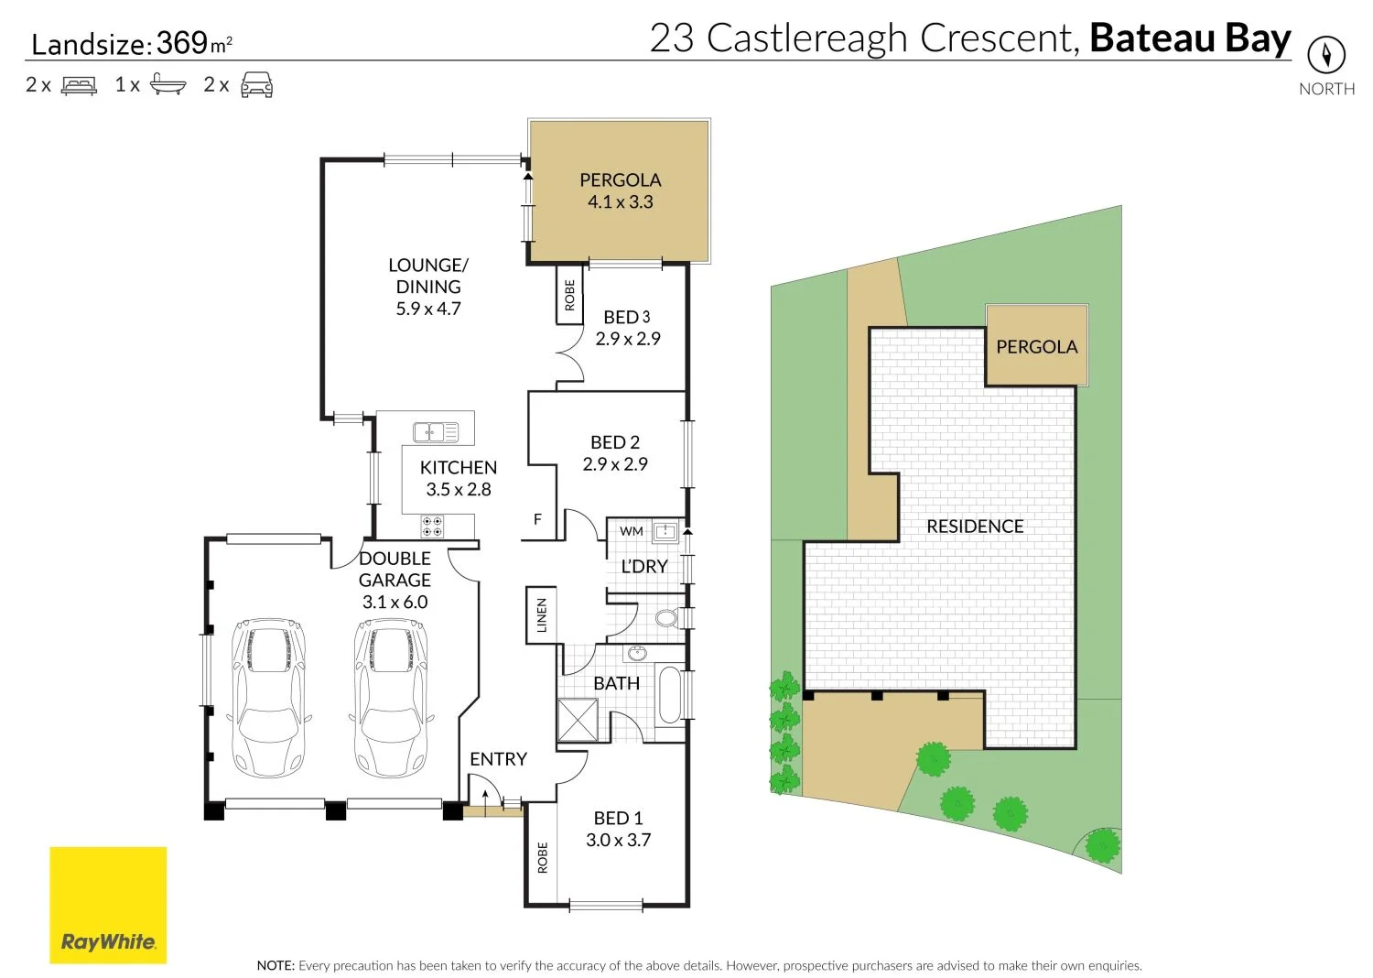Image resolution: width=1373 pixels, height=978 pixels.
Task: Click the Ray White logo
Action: tap(108, 905)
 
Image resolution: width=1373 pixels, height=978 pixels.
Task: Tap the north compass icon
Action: tap(1325, 55)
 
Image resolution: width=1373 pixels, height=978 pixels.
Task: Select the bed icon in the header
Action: tap(79, 85)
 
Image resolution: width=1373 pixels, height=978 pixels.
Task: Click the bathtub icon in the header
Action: tap(168, 85)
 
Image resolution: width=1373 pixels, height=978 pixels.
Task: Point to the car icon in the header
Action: tap(256, 85)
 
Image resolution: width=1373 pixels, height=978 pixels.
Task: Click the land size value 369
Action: tap(182, 43)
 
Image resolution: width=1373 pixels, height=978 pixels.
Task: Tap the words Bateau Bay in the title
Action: tap(1190, 38)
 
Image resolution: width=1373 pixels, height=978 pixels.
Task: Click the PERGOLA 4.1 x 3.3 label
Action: tap(620, 190)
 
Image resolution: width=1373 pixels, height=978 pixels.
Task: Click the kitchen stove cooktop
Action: tap(432, 527)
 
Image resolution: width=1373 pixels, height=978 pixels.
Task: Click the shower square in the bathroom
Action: tap(578, 720)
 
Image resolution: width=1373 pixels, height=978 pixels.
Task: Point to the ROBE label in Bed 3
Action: tap(569, 295)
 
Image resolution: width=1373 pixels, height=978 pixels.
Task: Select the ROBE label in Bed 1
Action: tap(542, 857)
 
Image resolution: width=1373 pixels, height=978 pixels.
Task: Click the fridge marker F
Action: tap(538, 519)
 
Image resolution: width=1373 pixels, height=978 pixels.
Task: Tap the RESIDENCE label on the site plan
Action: tap(975, 527)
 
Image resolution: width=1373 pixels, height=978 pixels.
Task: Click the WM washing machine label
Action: tap(631, 531)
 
